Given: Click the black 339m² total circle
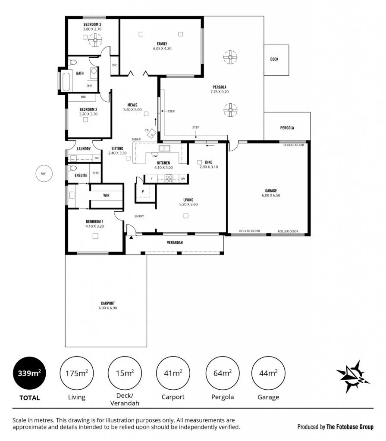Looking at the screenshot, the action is click(x=29, y=373).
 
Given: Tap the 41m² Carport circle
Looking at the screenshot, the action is click(x=173, y=373).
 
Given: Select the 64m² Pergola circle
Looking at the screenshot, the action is click(x=223, y=373).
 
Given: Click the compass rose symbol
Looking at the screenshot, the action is click(x=352, y=376).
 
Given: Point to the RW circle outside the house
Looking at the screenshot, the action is click(x=44, y=174).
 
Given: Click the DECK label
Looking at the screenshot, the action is click(x=274, y=59).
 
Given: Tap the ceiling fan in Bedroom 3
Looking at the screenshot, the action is click(x=95, y=40).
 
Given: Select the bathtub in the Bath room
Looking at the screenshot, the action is click(x=66, y=82).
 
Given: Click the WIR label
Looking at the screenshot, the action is click(x=106, y=195).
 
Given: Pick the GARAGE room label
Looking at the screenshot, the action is click(x=271, y=190).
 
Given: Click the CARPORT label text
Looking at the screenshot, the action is click(x=108, y=303).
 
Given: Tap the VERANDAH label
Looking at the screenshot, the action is click(x=175, y=242).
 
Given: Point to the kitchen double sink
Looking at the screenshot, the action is click(x=164, y=148).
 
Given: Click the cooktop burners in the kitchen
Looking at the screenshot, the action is click(x=169, y=179).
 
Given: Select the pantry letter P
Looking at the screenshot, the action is click(x=143, y=192).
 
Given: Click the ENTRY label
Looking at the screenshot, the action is click(x=139, y=216).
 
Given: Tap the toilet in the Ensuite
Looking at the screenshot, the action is click(x=72, y=168).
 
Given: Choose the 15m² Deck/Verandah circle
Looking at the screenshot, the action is click(x=125, y=373).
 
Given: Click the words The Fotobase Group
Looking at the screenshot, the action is click(x=350, y=427).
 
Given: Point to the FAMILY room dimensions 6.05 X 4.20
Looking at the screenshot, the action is click(x=162, y=48).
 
